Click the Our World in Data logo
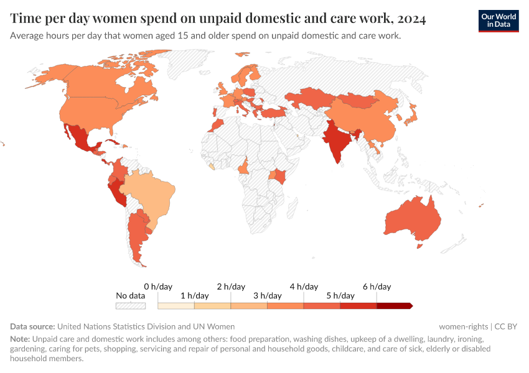pyautogui.click(x=498, y=21)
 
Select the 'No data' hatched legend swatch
pyautogui.click(x=131, y=306)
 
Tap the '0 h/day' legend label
pyautogui.click(x=158, y=287)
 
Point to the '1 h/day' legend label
pyautogui.click(x=194, y=295)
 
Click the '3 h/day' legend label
pyautogui.click(x=267, y=295)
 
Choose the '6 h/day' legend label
pyautogui.click(x=377, y=287)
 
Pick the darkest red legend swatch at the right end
pyautogui.click(x=394, y=306)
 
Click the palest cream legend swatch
pyautogui.click(x=176, y=306)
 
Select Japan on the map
pyautogui.click(x=410, y=115)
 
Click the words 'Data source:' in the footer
pyautogui.click(x=32, y=326)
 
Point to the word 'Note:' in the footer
pyautogui.click(x=20, y=339)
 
